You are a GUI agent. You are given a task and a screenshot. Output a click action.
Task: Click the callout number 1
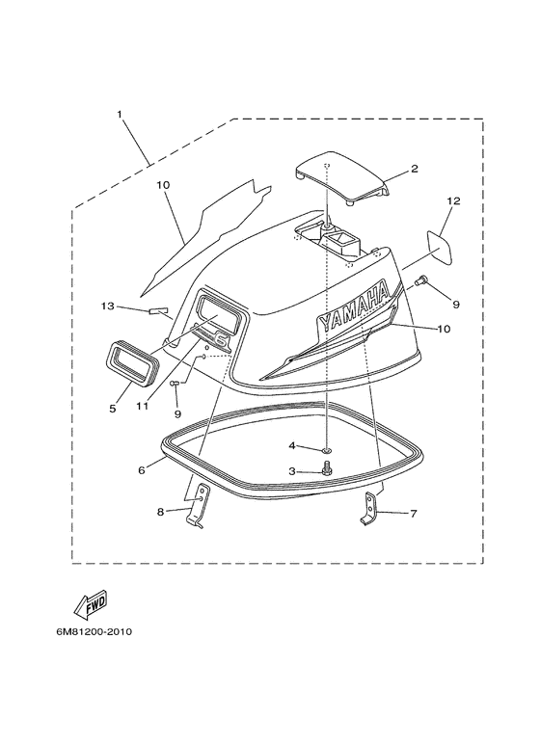click(x=120, y=115)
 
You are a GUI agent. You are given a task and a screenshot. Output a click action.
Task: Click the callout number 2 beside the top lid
click(x=415, y=169)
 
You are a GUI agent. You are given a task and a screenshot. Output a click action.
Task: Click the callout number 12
click(x=453, y=201)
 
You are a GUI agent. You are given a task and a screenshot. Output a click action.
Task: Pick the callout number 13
click(x=108, y=306)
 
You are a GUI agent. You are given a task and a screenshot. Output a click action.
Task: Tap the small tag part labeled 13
click(x=159, y=311)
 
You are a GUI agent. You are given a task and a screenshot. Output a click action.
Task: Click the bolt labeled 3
click(x=327, y=469)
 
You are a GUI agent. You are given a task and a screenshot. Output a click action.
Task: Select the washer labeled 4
click(x=327, y=448)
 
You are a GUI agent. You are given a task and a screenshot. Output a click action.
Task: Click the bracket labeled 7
click(x=369, y=509)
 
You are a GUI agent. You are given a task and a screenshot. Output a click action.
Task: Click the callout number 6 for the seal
click(x=141, y=470)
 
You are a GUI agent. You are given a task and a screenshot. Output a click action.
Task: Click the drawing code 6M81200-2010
click(x=94, y=632)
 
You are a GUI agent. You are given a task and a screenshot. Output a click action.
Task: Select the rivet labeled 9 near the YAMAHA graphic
click(x=420, y=281)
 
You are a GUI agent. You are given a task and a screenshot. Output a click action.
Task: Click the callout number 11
click(x=142, y=407)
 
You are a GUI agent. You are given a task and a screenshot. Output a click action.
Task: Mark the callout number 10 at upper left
click(x=163, y=184)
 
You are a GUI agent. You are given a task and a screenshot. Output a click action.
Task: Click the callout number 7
click(x=414, y=514)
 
